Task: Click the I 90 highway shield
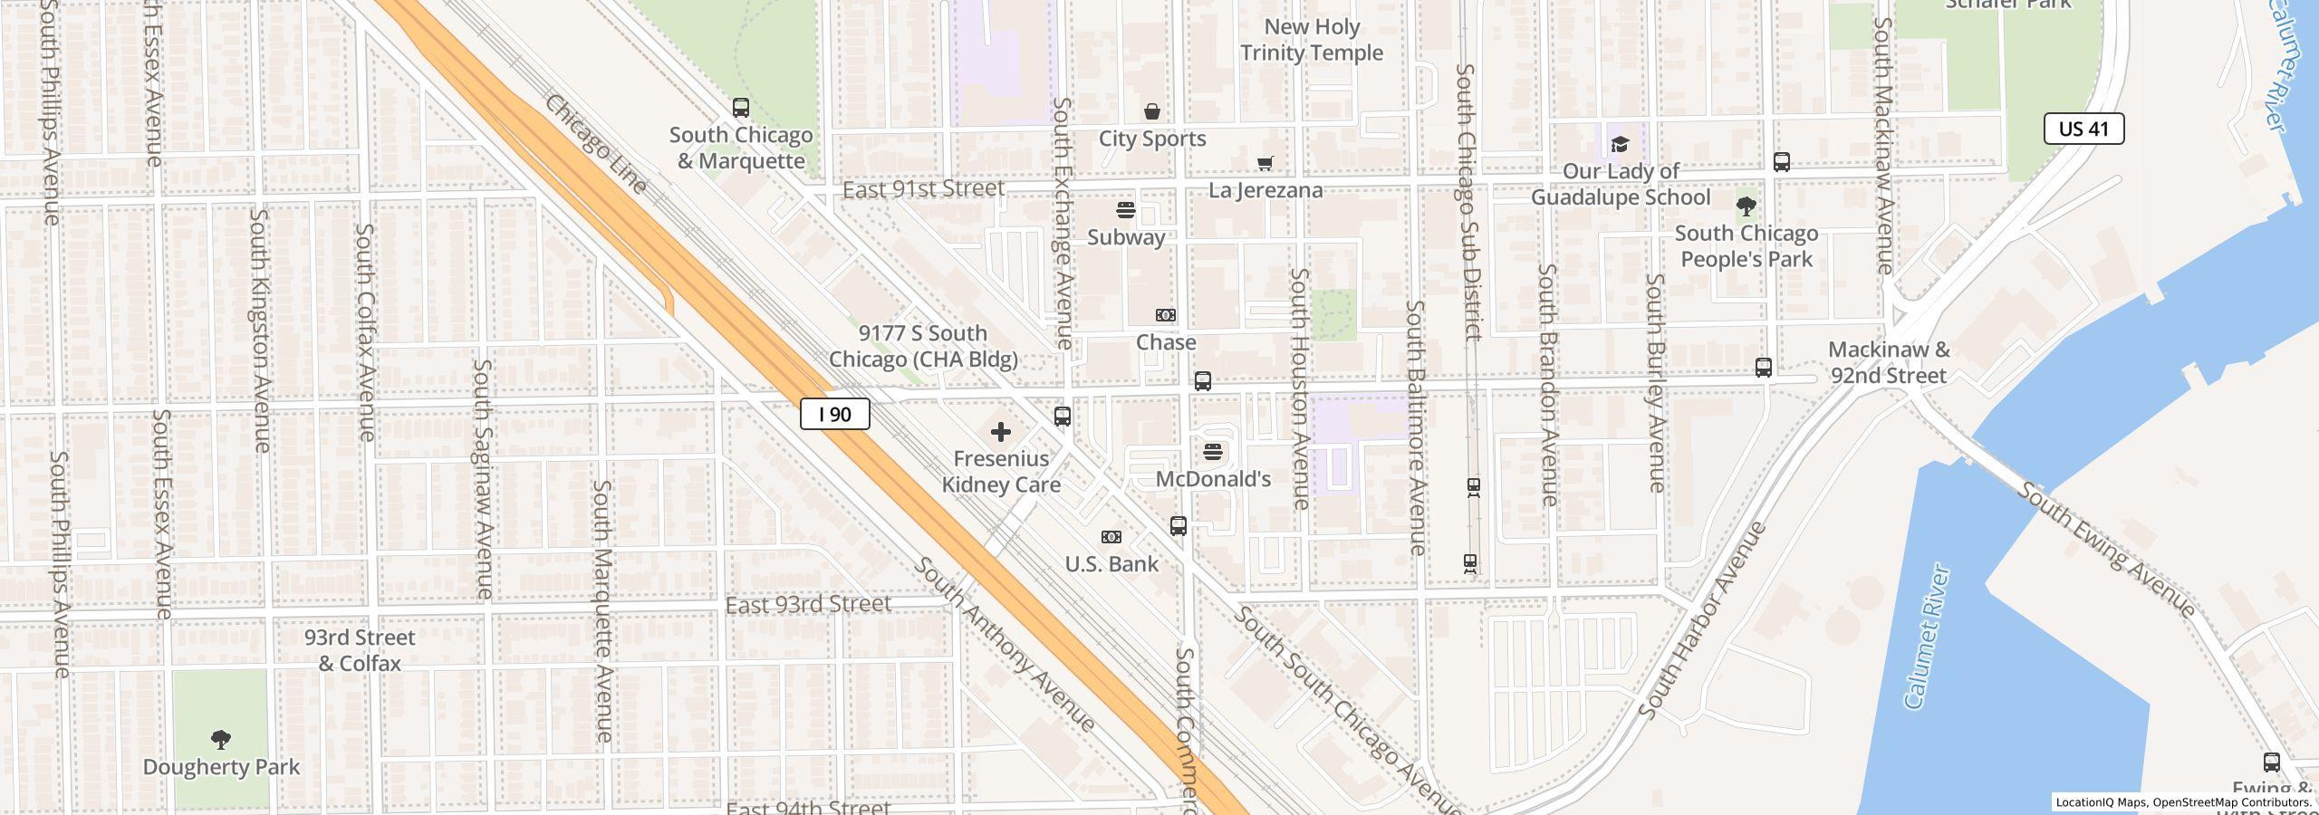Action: [834, 415]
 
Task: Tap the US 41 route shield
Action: [2083, 129]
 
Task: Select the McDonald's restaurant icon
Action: [1213, 451]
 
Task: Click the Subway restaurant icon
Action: [1125, 210]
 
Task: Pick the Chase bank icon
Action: [1165, 315]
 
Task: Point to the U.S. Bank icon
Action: [1111, 537]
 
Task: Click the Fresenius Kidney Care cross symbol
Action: [1000, 432]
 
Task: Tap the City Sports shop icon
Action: [1151, 111]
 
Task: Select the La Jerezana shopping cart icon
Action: [1265, 163]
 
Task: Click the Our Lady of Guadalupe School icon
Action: [1620, 144]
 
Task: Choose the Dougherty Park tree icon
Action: [220, 740]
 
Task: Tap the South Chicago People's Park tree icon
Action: [1746, 206]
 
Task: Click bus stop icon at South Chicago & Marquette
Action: [740, 108]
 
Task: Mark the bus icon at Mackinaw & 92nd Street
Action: [1763, 367]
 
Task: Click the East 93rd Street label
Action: [808, 604]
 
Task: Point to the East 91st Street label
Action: [922, 188]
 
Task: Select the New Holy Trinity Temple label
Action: [1311, 40]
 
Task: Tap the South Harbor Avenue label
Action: [1702, 621]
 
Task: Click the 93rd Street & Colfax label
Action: [360, 650]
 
